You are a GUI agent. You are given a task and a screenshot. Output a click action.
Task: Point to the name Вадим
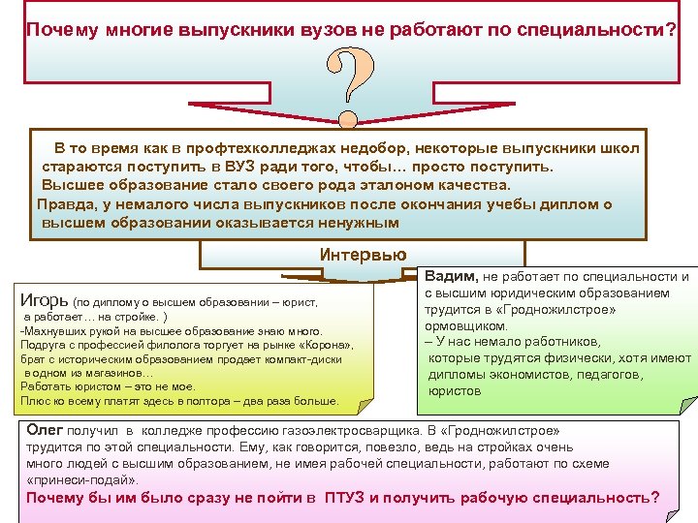(x=448, y=277)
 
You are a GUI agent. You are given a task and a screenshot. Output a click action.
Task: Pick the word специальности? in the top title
(x=612, y=29)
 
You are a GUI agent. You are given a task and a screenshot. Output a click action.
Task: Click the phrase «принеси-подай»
(x=83, y=479)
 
